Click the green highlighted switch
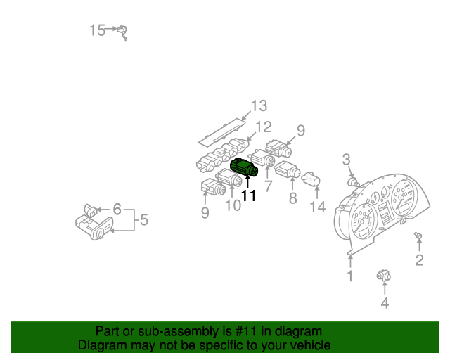(x=244, y=168)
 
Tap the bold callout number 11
(x=248, y=196)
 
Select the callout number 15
(x=97, y=30)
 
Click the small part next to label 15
(x=123, y=32)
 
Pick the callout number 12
(x=263, y=127)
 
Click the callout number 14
(x=319, y=207)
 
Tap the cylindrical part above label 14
(x=311, y=181)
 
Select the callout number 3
(x=346, y=160)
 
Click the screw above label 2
(x=418, y=236)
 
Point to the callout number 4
(x=385, y=303)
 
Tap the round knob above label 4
(x=384, y=276)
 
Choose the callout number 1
(x=349, y=276)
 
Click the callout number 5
(x=143, y=220)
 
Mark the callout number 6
(x=117, y=209)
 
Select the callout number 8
(x=292, y=198)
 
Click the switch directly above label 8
(x=288, y=169)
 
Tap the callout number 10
(x=233, y=205)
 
